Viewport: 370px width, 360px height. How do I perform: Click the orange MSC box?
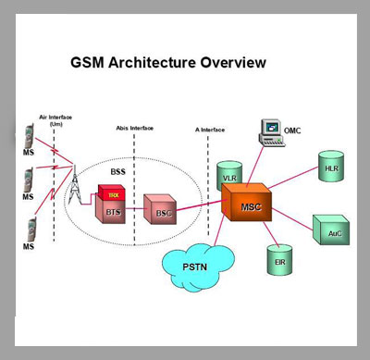point(247,202)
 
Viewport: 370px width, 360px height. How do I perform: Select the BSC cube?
point(160,209)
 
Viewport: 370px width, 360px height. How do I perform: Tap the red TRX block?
point(112,192)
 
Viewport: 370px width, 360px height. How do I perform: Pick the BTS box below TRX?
point(110,210)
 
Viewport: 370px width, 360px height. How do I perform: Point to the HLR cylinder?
point(331,166)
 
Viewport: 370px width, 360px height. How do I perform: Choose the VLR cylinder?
point(229,175)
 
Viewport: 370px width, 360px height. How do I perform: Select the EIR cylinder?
point(279,260)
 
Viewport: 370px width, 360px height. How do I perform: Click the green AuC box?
point(331,230)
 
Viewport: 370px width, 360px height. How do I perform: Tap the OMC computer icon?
point(272,132)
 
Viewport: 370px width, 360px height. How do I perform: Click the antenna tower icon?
point(74,185)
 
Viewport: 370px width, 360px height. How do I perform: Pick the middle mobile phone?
point(29,180)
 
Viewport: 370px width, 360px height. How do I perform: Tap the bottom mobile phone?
point(31,230)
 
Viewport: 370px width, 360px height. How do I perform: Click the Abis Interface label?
point(134,128)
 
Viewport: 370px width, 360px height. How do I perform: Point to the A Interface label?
point(210,130)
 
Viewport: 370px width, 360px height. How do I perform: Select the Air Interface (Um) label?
point(55,120)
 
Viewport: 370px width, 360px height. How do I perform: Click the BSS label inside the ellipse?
point(118,171)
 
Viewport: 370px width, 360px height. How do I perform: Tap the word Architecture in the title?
point(152,63)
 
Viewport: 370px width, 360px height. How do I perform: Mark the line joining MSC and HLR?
point(293,178)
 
